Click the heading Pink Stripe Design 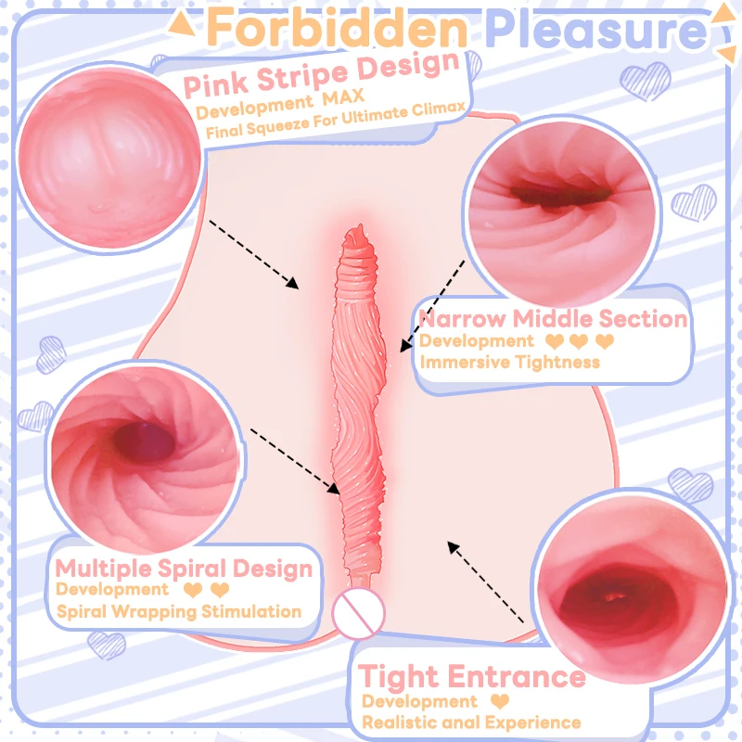pyautogui.click(x=322, y=75)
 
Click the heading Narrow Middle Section pyautogui.click(x=554, y=319)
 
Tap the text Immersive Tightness pyautogui.click(x=510, y=362)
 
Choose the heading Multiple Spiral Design pyautogui.click(x=184, y=568)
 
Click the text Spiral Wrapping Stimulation pyautogui.click(x=179, y=611)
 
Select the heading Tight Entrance pyautogui.click(x=472, y=677)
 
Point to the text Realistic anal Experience pyautogui.click(x=471, y=722)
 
